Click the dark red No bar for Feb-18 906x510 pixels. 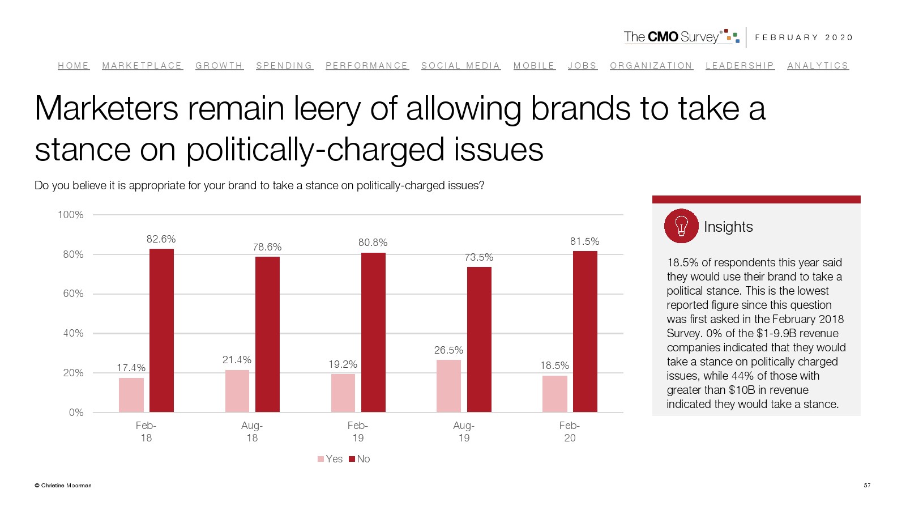pos(161,330)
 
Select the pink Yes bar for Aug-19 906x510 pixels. pos(448,385)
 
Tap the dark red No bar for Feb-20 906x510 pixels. pos(585,331)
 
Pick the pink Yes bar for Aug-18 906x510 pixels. pos(237,390)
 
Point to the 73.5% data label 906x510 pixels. pos(479,257)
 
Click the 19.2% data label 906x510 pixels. pos(343,364)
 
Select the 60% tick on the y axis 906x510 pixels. pos(73,294)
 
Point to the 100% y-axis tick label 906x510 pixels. pos(71,215)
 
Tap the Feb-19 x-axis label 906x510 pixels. pos(358,431)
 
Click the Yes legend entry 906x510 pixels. pos(330,459)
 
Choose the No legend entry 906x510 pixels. pos(360,459)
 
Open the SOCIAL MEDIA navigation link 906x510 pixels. pos(461,66)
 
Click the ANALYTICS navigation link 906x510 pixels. pos(818,66)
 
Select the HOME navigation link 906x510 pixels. pos(74,66)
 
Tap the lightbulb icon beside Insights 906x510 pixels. pos(681,226)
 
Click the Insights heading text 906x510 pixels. pos(728,227)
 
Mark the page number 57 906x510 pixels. pos(867,485)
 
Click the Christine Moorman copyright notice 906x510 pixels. pos(63,485)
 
